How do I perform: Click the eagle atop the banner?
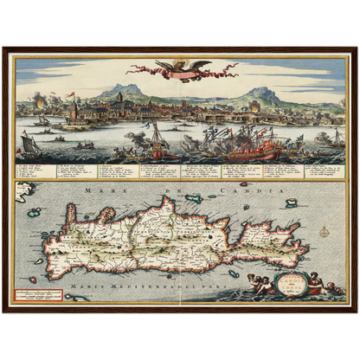(179, 66)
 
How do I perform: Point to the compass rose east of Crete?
(323, 231)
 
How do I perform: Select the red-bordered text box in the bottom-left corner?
(40, 294)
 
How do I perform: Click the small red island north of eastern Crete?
(243, 183)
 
